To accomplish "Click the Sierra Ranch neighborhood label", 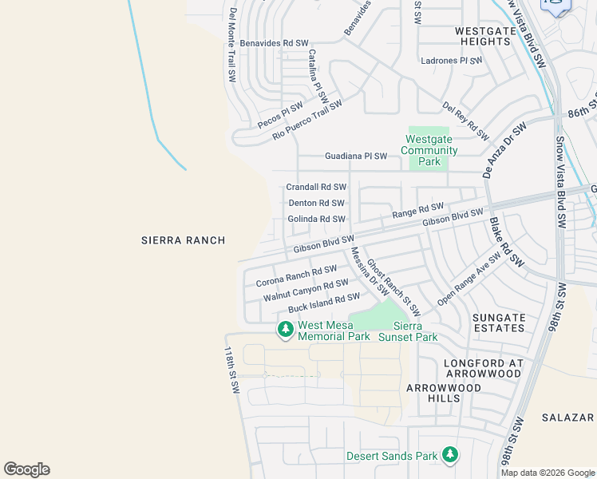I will coord(183,240).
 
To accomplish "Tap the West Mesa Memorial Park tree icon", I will coord(286,329).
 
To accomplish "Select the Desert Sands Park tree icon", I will coord(450,455).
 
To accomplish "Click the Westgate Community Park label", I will coord(429,150).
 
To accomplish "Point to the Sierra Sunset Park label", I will coord(415,331).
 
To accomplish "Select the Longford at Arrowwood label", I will coord(483,369).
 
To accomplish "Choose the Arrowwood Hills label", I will coord(444,393).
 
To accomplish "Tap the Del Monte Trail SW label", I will coord(232,46).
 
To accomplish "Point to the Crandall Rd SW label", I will coord(316,187).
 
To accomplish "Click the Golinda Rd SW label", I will coord(316,219).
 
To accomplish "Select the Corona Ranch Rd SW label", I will coord(296,277).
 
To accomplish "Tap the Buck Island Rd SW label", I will coord(324,303).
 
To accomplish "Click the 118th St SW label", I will coord(231,370).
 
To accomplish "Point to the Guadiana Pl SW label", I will coord(355,156).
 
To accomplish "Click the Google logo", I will coord(26,469).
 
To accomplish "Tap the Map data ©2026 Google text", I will coord(548,473).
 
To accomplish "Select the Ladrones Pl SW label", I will coord(452,61).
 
